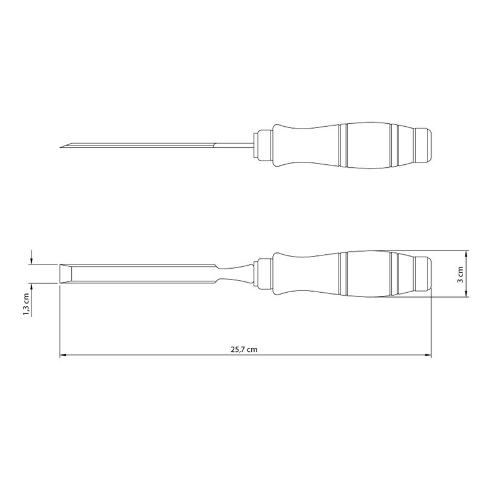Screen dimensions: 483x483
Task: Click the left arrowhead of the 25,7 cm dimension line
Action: (63, 356)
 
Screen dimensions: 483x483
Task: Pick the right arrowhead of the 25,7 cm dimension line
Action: (429, 356)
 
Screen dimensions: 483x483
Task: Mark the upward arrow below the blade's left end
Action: (32, 287)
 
